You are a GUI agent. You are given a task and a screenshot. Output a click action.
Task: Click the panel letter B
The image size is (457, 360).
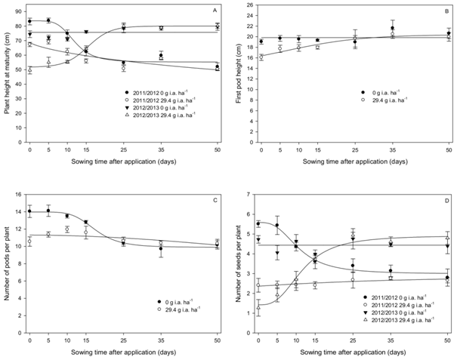coord(446,11)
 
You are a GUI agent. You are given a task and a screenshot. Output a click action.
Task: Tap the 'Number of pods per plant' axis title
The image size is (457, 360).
coord(6,266)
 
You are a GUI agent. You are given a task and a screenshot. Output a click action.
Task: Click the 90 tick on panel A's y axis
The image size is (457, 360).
coord(20,6)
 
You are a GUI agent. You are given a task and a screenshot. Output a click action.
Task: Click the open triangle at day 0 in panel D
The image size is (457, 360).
coord(259,308)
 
